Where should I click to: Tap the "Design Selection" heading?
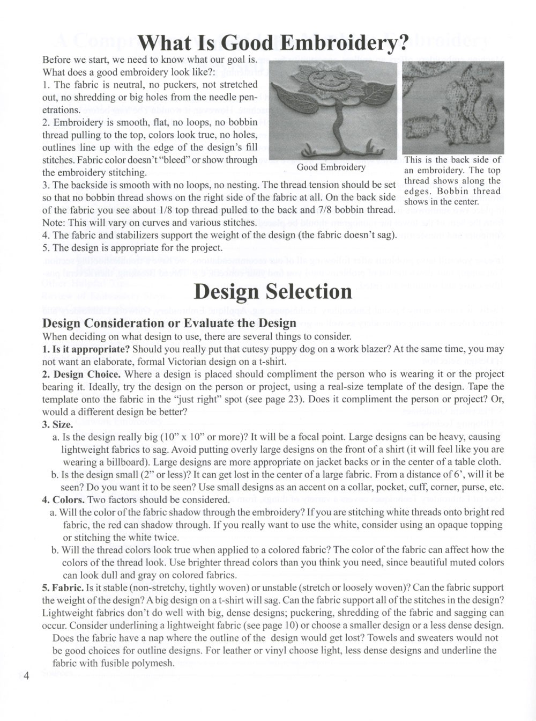[273, 292]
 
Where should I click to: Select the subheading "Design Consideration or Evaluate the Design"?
[169, 323]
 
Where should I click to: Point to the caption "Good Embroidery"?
[331, 167]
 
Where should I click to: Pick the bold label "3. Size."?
[57, 424]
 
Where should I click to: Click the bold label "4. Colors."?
[63, 499]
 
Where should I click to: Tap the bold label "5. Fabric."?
[63, 587]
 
